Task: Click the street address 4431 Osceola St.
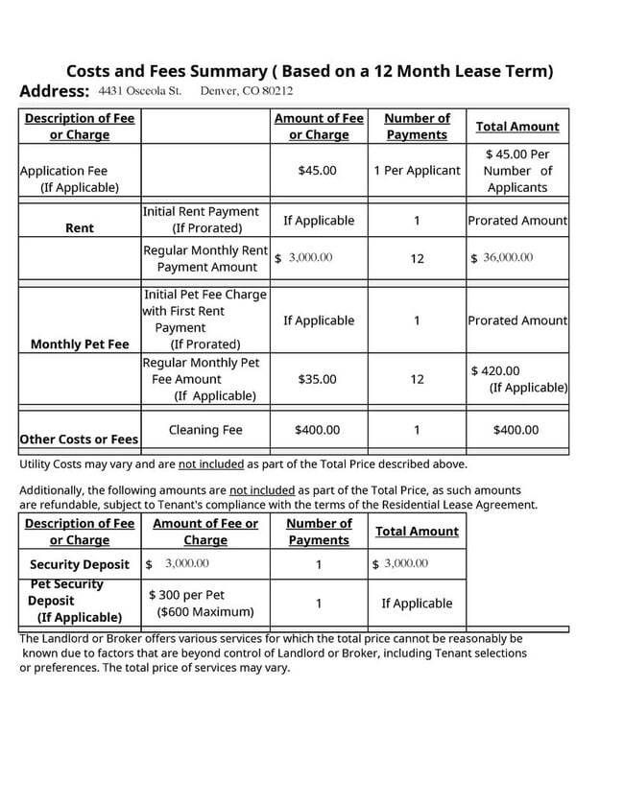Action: (140, 91)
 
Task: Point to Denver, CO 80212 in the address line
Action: (247, 91)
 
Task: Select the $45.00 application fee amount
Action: (317, 171)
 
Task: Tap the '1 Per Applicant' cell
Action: (417, 171)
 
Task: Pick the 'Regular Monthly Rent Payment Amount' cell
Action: (205, 258)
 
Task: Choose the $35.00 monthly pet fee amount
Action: (317, 379)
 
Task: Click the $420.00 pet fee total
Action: (495, 371)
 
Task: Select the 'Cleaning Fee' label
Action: (205, 430)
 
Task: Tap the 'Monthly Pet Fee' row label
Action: (80, 344)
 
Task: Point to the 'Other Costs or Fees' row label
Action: (80, 439)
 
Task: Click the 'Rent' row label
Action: (80, 228)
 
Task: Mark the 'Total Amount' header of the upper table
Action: (517, 127)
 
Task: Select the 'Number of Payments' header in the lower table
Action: (319, 532)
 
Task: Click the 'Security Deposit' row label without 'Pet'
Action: (80, 564)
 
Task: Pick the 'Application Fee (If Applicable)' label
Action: (64, 179)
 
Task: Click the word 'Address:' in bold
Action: (55, 92)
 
